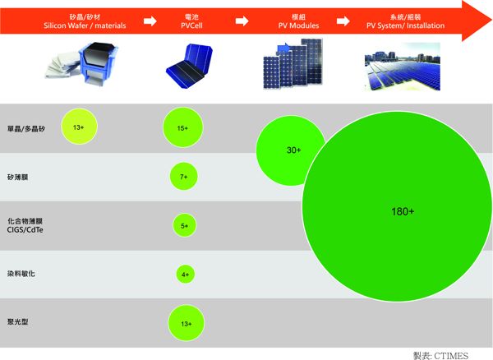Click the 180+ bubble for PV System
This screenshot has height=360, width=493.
(402, 211)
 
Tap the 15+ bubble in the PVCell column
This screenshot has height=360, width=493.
(182, 128)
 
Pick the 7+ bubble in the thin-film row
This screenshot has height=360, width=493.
(183, 176)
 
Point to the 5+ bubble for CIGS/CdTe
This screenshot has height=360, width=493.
(184, 225)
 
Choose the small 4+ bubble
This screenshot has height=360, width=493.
(185, 274)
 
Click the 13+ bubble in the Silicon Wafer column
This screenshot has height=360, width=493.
(79, 127)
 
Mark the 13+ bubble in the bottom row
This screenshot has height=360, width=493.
(186, 323)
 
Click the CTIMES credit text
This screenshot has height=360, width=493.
(441, 353)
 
